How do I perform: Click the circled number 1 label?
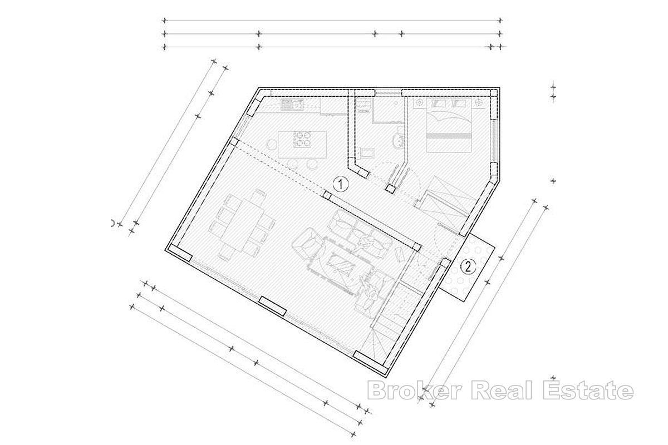341,184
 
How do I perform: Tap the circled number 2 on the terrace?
468,266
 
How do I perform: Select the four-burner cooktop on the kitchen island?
302,140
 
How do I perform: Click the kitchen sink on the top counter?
292,105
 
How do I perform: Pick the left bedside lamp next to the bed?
420,103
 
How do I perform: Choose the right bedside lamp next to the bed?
479,103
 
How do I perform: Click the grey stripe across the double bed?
449,136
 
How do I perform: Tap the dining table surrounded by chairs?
242,226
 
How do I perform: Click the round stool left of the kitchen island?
272,145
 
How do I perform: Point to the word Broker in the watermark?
415,390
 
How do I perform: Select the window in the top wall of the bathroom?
388,93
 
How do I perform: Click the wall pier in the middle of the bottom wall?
273,306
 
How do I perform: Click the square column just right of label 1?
327,195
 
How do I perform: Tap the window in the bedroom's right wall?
494,141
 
